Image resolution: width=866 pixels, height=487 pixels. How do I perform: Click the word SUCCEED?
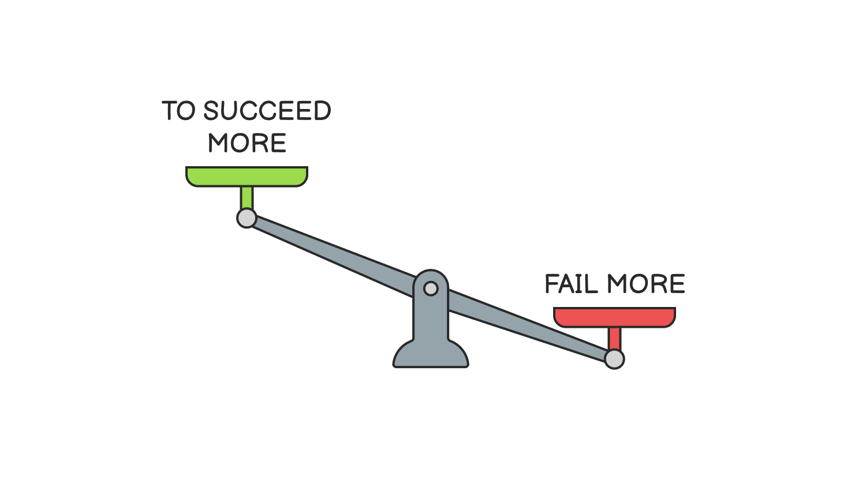coord(267,111)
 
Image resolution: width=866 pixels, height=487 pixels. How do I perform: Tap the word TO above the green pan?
coord(179,111)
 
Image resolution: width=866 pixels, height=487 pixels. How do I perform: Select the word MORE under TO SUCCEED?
coord(247,143)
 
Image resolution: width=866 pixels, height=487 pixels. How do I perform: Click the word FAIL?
coord(571,284)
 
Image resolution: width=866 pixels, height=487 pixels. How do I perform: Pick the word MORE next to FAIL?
coord(646,284)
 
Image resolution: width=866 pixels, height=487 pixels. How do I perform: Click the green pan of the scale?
coord(247,176)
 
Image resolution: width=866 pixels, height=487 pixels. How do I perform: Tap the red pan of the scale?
coord(614,317)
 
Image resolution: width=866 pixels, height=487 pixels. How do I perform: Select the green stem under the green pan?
coord(247,197)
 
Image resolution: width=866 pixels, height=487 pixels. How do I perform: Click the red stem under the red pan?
coord(614,338)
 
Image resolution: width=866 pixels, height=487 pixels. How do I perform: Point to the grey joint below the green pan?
coord(247,218)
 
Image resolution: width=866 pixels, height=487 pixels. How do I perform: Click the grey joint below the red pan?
coord(614,359)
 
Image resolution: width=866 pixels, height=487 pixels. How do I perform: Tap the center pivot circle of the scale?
coord(431,288)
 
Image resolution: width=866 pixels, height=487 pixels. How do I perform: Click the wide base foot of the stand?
coord(431,357)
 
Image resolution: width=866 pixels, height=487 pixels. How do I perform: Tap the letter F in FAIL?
coord(552,284)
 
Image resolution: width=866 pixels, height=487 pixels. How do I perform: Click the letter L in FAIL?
coord(593,284)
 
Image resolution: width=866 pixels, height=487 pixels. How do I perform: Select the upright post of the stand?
coord(431,317)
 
